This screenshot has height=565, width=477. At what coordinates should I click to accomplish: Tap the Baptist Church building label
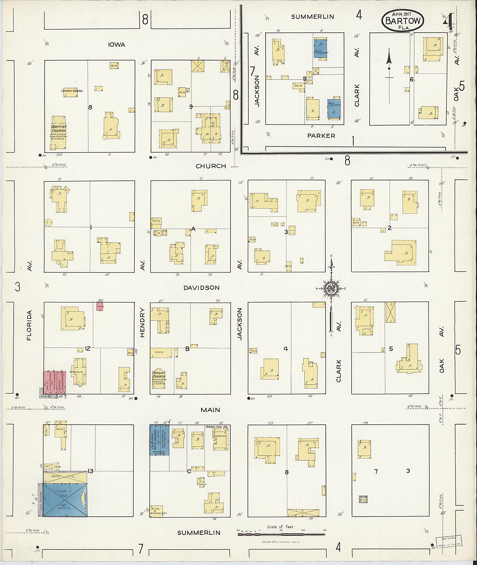pos(59,129)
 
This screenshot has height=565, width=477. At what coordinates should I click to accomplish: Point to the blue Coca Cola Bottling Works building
pos(160,440)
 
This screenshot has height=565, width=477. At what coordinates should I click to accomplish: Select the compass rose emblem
pos(331,289)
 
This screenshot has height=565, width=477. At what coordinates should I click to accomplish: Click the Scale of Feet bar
pos(281,535)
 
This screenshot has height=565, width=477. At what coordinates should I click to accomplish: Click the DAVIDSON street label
pos(201,288)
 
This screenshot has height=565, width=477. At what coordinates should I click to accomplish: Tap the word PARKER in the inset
pos(321,136)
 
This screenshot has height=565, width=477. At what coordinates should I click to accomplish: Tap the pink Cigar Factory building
pos(50,382)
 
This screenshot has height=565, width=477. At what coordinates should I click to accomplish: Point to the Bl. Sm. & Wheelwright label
pos(159,509)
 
